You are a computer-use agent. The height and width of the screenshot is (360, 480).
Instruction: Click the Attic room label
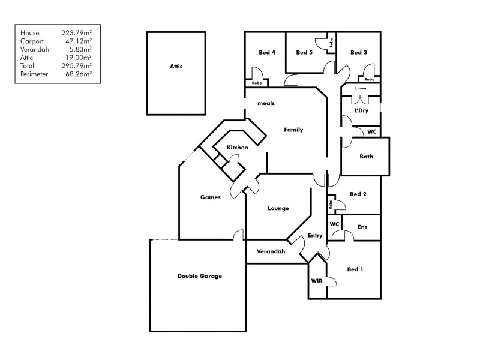tap(175, 67)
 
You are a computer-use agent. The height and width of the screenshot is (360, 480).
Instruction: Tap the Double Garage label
tap(199, 276)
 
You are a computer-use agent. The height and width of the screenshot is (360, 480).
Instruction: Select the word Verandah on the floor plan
tap(271, 251)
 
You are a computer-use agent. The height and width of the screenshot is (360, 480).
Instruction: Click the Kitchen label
tap(237, 148)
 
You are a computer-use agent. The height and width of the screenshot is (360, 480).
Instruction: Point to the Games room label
tap(210, 197)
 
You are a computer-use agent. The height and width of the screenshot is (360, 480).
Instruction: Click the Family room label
tap(293, 130)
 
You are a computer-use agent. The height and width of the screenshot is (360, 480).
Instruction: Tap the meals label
tap(266, 103)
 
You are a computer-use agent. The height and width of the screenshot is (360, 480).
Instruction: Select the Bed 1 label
tap(355, 269)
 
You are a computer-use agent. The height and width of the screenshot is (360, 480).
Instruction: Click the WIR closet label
tap(316, 280)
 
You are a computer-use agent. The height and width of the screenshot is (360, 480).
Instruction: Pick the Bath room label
tap(366, 157)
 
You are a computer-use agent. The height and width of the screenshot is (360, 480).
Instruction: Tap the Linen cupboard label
tap(360, 88)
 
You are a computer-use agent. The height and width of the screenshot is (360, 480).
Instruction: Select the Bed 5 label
tap(305, 52)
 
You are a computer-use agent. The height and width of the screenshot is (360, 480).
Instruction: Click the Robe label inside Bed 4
tap(256, 82)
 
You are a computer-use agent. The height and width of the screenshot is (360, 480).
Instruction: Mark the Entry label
tap(315, 236)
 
